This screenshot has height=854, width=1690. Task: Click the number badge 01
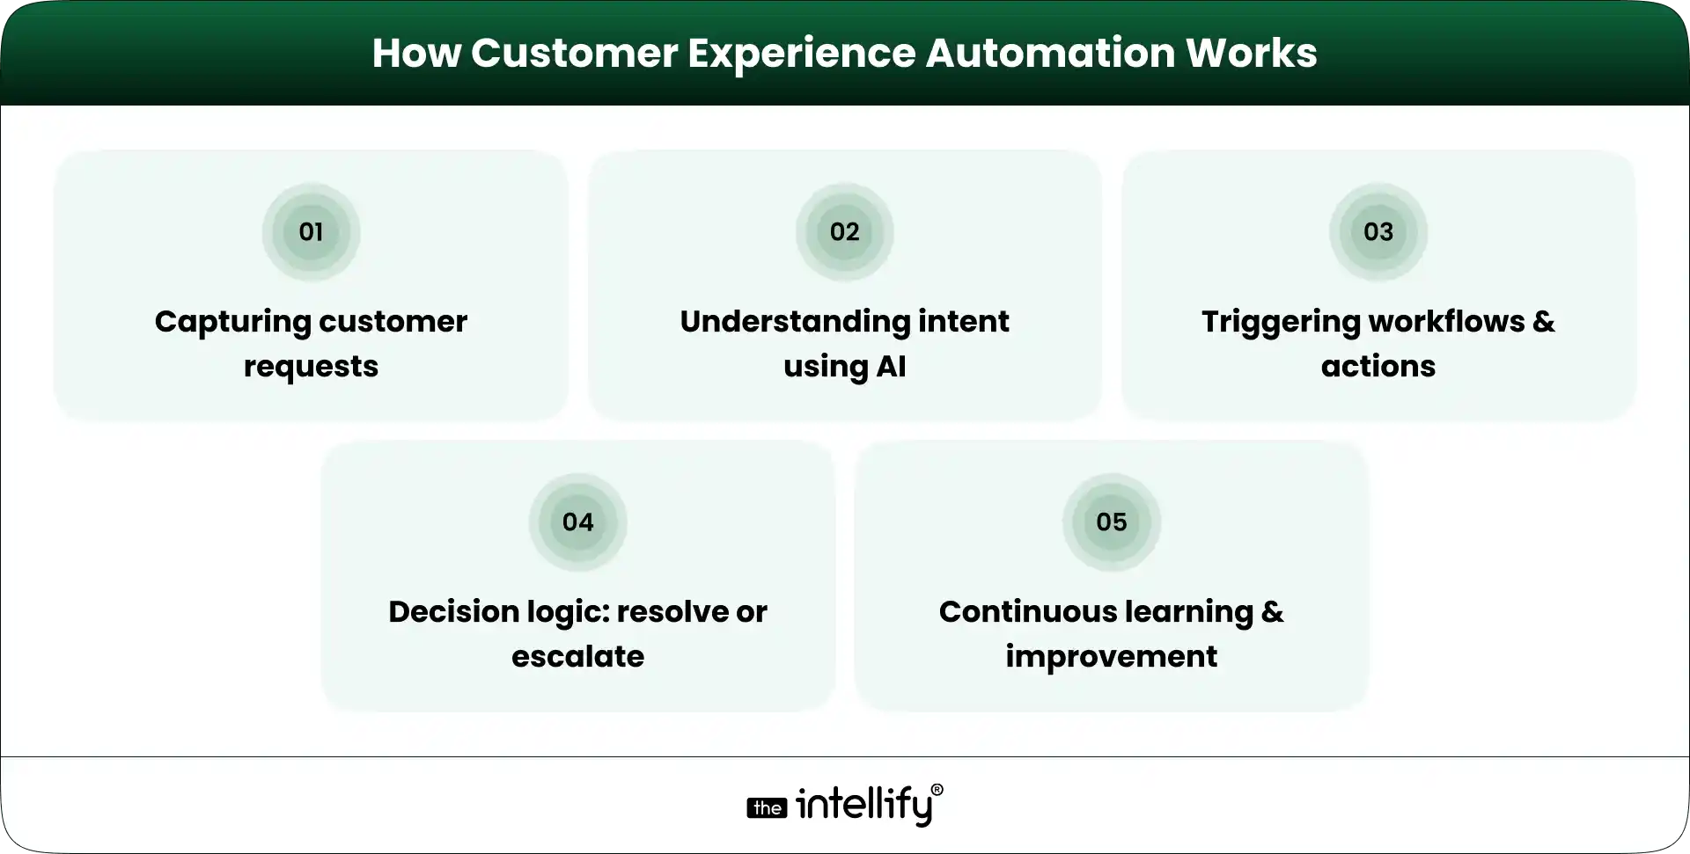pyautogui.click(x=311, y=232)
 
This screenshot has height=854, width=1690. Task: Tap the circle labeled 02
pyautogui.click(x=844, y=232)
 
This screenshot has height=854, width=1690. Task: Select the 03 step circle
pyautogui.click(x=1378, y=232)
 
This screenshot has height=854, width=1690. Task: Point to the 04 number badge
pyautogui.click(x=577, y=522)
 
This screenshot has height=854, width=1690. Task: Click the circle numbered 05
pyautogui.click(x=1111, y=522)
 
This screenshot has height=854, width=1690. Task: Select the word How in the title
pyautogui.click(x=415, y=53)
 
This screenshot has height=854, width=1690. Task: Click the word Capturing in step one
pyautogui.click(x=231, y=322)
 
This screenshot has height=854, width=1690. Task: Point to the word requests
pyautogui.click(x=311, y=367)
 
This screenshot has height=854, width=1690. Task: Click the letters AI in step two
pyautogui.click(x=890, y=367)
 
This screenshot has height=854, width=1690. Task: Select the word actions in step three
pyautogui.click(x=1378, y=367)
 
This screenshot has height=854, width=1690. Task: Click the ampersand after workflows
pyautogui.click(x=1543, y=322)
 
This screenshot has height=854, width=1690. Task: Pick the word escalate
pyautogui.click(x=577, y=657)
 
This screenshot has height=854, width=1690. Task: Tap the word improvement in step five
pyautogui.click(x=1111, y=657)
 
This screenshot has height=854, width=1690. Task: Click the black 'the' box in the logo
pyautogui.click(x=767, y=808)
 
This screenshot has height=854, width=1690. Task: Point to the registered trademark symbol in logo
pyautogui.click(x=937, y=790)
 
